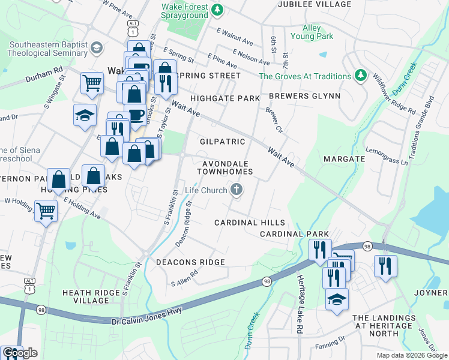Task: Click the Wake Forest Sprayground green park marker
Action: pos(218,9)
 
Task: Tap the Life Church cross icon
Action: pos(237,190)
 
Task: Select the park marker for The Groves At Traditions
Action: pos(360,76)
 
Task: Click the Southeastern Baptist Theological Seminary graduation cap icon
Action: pos(96,47)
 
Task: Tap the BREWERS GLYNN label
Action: pos(304,96)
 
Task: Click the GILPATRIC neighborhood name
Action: pos(222,142)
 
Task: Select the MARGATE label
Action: pos(344,159)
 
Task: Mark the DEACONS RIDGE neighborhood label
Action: pos(190,262)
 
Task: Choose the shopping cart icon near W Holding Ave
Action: pos(46,211)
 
